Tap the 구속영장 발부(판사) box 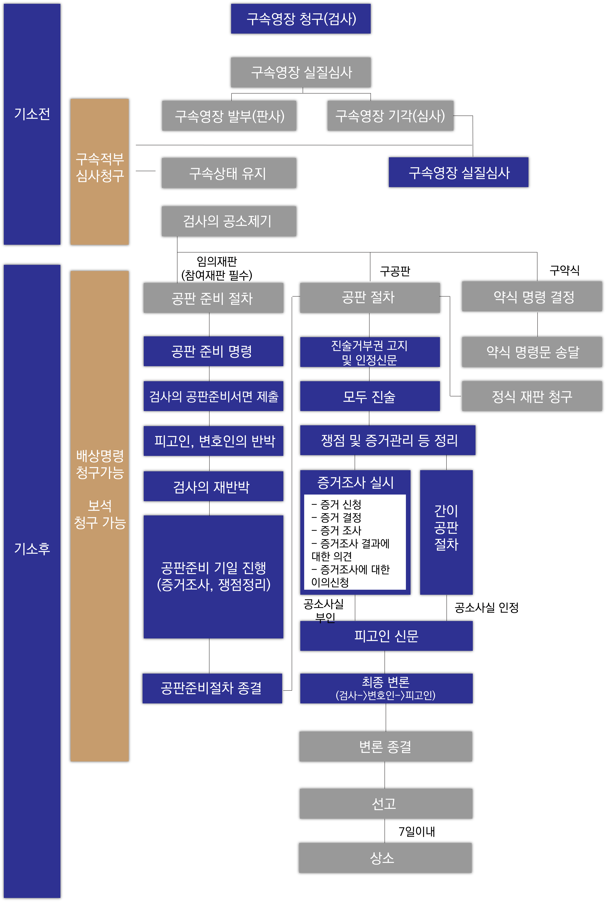(x=229, y=116)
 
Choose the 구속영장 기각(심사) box (x=390, y=116)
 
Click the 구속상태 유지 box (x=229, y=173)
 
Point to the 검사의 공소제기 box (x=229, y=221)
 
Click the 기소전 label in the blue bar (x=32, y=114)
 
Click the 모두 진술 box (x=370, y=396)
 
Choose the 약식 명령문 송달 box (x=532, y=352)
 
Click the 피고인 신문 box (x=386, y=636)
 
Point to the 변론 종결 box (x=385, y=747)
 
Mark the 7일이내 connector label (x=417, y=831)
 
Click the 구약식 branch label (x=564, y=270)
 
